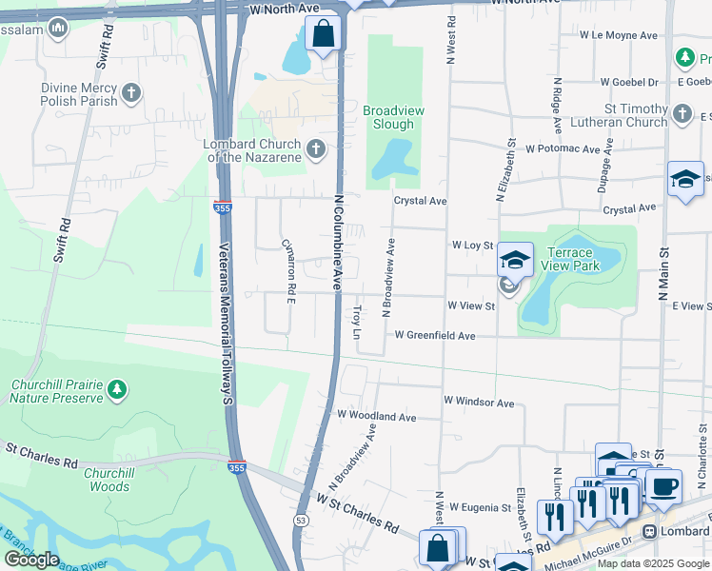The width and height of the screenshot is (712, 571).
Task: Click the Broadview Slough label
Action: (x=394, y=118)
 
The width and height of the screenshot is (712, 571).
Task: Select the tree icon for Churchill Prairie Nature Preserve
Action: (x=116, y=388)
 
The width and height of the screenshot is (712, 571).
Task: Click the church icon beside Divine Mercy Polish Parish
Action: (x=131, y=93)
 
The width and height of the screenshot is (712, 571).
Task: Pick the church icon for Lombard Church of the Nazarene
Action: (x=316, y=149)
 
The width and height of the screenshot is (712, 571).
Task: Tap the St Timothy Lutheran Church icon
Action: (x=682, y=115)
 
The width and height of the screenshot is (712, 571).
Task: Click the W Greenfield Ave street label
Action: (x=435, y=336)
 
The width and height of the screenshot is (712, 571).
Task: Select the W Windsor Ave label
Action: (x=479, y=404)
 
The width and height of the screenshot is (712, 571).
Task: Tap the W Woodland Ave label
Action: (x=377, y=417)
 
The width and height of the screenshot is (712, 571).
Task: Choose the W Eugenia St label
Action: (x=482, y=507)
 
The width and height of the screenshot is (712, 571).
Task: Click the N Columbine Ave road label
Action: (x=337, y=244)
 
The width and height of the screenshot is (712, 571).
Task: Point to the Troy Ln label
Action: (x=358, y=323)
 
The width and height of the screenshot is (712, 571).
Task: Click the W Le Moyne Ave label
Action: (x=620, y=35)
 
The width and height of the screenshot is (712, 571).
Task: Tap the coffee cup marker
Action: (x=663, y=485)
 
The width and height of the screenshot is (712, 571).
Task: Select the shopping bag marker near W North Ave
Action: (x=324, y=34)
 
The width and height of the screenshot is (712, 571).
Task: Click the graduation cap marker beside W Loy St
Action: (x=515, y=259)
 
